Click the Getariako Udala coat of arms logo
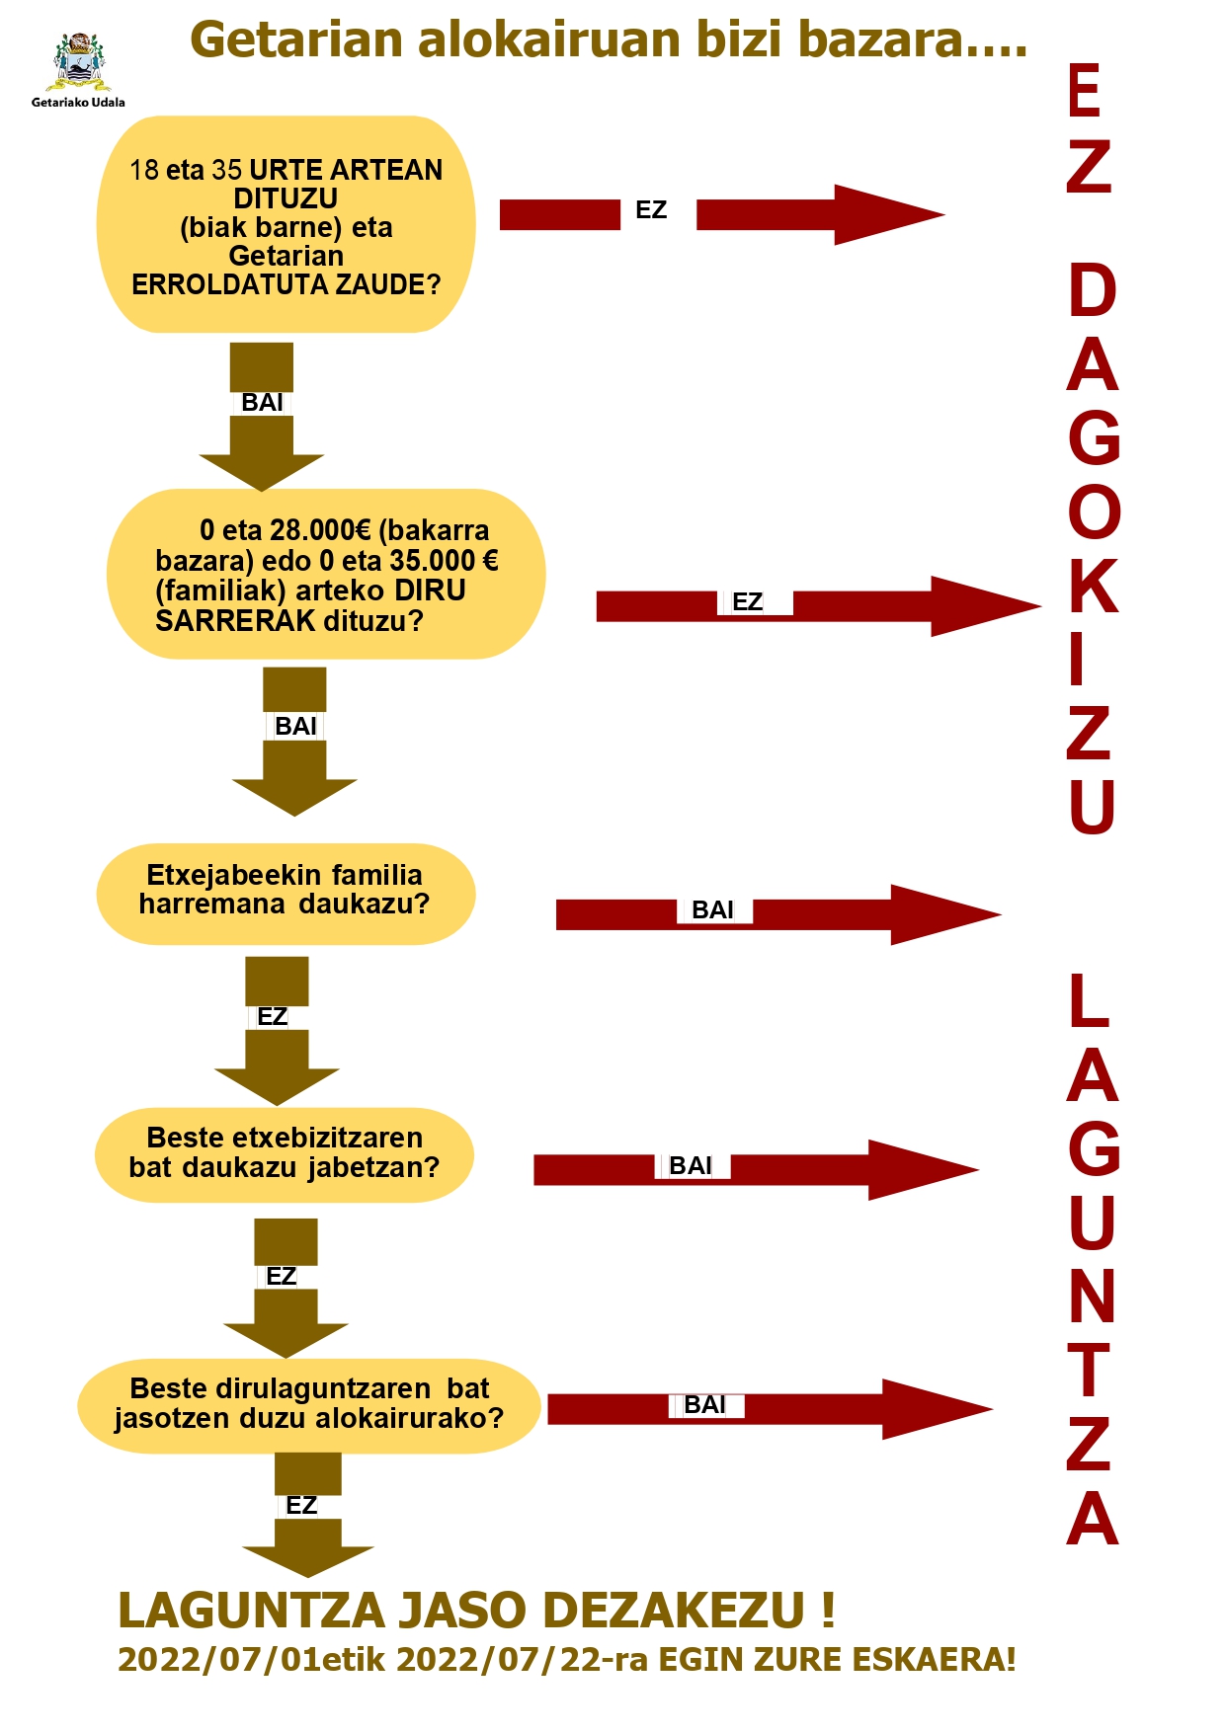click(78, 62)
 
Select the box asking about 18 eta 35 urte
click(286, 225)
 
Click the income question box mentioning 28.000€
click(326, 575)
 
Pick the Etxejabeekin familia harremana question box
click(286, 892)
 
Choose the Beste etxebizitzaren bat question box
click(285, 1153)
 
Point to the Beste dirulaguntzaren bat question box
click(309, 1404)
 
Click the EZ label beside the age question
click(651, 210)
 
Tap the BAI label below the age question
click(262, 403)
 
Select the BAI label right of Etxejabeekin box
click(712, 910)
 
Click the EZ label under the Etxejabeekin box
click(272, 1017)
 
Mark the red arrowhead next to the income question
click(983, 606)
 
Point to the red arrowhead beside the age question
click(886, 214)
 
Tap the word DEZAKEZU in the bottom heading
click(674, 1611)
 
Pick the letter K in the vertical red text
click(1093, 586)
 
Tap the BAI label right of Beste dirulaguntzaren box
click(704, 1405)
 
